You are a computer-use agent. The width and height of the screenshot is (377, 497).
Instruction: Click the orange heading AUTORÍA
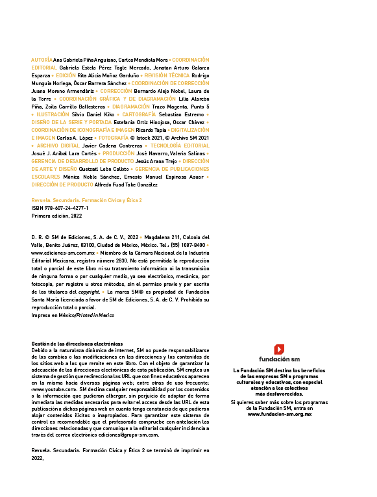(x=42, y=60)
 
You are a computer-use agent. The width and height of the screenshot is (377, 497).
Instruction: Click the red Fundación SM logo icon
(x=279, y=350)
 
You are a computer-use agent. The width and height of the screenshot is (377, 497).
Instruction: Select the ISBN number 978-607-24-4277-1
(x=66, y=208)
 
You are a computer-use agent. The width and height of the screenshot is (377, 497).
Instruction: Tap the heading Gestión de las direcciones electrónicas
(x=77, y=344)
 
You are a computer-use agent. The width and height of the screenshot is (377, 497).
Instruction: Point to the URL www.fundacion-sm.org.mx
(x=280, y=414)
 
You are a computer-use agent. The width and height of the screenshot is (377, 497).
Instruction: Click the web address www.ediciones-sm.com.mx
(x=63, y=253)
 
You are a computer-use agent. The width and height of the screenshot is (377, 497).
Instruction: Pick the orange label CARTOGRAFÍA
(x=139, y=114)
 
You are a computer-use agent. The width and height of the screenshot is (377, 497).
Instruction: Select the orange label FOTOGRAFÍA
(x=114, y=138)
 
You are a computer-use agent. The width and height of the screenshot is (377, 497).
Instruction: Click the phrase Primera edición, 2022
(x=56, y=216)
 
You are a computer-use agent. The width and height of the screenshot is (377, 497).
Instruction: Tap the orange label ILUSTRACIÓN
(x=53, y=114)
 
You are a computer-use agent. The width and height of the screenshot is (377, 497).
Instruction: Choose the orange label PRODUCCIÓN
(x=118, y=153)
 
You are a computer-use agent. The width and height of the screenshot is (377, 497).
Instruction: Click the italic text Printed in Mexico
(x=95, y=315)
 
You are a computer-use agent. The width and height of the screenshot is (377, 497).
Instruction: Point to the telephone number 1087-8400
(x=193, y=245)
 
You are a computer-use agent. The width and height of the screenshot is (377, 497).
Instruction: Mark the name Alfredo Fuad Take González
(x=126, y=185)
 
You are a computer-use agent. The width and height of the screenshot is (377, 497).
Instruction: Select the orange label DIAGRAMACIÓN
(x=130, y=107)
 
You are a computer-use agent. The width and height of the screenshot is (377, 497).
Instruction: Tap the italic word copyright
(x=89, y=292)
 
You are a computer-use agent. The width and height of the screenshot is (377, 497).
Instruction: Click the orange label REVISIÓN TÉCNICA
(x=167, y=75)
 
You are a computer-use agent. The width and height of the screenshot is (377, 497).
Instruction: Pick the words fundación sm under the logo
(x=279, y=359)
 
